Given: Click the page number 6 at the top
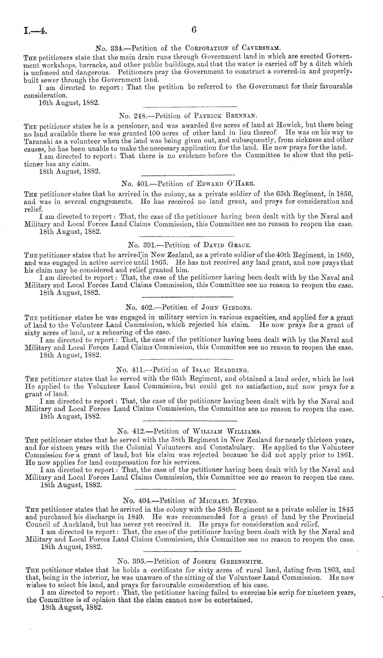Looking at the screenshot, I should tap(194, 30).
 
